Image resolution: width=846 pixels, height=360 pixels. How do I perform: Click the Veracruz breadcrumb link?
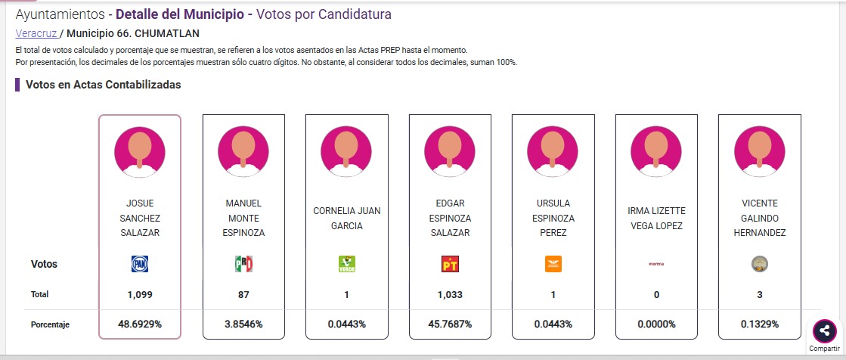tap(36, 33)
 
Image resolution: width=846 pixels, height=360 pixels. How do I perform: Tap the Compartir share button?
tap(824, 331)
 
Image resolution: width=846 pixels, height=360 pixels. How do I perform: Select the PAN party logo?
tap(140, 264)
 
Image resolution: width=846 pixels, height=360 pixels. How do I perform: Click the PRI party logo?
tap(243, 264)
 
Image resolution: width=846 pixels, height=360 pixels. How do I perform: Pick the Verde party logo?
tap(347, 264)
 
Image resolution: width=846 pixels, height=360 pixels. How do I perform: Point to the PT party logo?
tap(450, 264)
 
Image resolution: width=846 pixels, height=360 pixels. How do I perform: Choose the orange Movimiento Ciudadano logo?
tap(553, 264)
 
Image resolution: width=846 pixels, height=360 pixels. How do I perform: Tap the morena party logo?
tap(656, 264)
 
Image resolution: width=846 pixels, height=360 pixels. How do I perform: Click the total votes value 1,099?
tap(140, 294)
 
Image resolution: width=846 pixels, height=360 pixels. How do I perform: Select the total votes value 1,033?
tap(450, 294)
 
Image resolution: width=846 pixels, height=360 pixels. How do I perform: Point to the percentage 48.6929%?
tap(140, 324)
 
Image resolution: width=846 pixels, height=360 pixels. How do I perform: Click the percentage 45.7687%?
tap(450, 324)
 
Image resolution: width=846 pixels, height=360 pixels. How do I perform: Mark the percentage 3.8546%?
tap(243, 324)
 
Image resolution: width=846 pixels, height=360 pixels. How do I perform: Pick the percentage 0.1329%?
tap(760, 324)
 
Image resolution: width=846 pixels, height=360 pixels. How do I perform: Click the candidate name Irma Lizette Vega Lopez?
tap(656, 218)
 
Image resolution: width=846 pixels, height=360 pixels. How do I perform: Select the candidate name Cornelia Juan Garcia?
tap(347, 218)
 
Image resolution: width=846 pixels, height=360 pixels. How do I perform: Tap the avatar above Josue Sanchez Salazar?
tap(140, 151)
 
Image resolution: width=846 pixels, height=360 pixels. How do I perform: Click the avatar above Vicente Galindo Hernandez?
tap(760, 151)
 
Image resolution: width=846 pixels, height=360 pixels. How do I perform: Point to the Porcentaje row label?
tap(50, 324)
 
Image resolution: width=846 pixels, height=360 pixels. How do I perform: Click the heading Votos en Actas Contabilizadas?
tap(103, 85)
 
